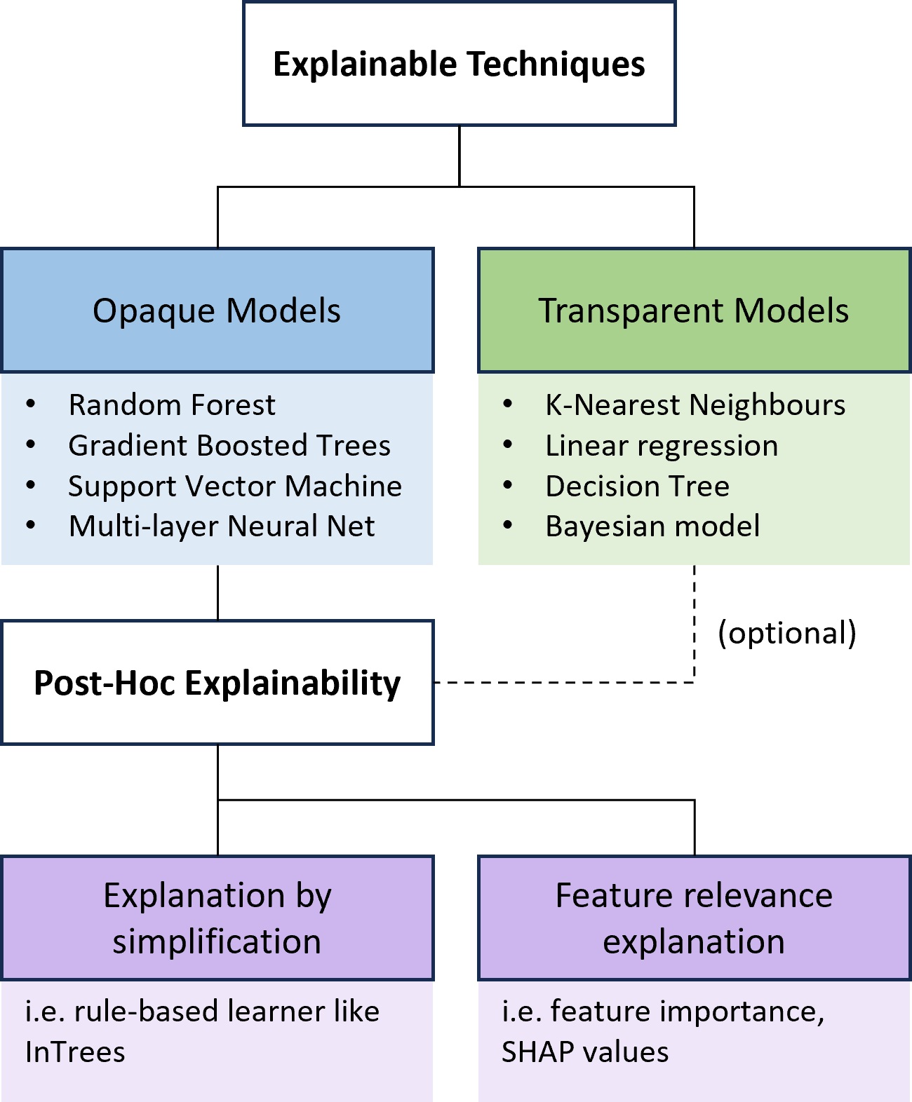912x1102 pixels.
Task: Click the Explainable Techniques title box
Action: (459, 64)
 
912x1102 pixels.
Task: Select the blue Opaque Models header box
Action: (217, 311)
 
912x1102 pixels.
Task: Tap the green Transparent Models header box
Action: (694, 311)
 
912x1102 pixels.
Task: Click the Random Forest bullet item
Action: (172, 405)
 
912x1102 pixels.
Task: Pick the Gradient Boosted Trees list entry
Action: (229, 446)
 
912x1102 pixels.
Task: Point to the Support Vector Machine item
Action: (235, 487)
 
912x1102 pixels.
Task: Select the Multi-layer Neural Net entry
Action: (222, 526)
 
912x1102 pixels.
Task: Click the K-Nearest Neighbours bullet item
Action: (695, 405)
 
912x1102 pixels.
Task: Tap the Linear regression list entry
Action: (662, 446)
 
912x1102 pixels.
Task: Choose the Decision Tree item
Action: (637, 487)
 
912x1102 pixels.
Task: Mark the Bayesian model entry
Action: (652, 526)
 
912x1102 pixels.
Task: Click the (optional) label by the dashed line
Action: (786, 633)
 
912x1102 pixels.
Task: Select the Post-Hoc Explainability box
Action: (217, 683)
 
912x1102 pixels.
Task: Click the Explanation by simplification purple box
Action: (217, 918)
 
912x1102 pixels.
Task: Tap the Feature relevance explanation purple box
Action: (694, 918)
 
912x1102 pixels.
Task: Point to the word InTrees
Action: (75, 1052)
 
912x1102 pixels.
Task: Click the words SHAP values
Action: (585, 1052)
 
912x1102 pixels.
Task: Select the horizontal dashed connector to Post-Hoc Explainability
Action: (561, 682)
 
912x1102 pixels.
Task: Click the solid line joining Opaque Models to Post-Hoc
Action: (218, 592)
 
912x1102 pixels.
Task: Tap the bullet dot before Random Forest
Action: (31, 404)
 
